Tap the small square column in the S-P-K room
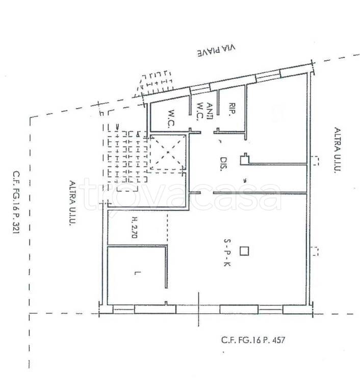[245, 251]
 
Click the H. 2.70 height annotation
[135, 227]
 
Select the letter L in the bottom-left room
[137, 273]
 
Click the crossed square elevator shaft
[168, 152]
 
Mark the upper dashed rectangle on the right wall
[316, 161]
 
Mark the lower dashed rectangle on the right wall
[316, 251]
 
